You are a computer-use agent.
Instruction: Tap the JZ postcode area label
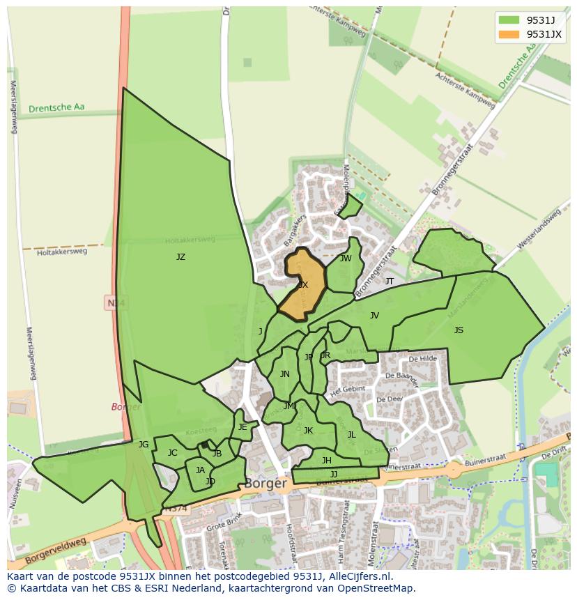(x=180, y=257)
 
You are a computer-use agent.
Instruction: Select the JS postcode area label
(x=459, y=330)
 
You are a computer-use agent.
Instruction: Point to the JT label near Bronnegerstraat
(x=390, y=282)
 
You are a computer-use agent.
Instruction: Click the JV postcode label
(x=374, y=316)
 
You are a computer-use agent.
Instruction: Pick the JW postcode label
(x=346, y=259)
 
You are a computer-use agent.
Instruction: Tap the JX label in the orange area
(x=303, y=285)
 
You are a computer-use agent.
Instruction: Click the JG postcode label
(x=144, y=445)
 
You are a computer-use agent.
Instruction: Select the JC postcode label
(x=172, y=453)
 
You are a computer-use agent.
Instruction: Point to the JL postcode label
(x=351, y=435)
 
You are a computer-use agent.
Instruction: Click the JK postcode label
(x=308, y=431)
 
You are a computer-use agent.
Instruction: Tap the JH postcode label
(x=326, y=461)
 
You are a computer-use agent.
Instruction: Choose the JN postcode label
(x=284, y=374)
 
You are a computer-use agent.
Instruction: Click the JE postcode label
(x=243, y=427)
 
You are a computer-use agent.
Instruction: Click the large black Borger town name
(x=266, y=483)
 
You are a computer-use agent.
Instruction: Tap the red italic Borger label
(x=126, y=407)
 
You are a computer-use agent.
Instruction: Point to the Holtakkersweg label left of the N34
(x=63, y=252)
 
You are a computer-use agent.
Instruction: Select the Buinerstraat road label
(x=403, y=466)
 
